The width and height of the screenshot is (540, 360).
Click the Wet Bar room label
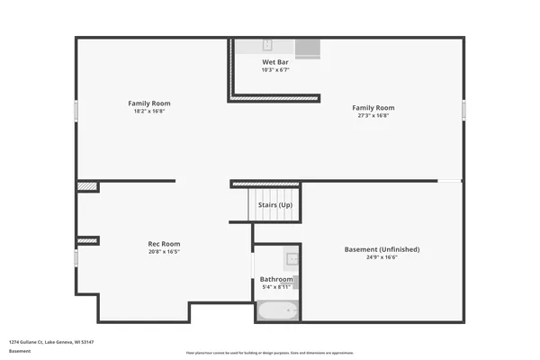pyautogui.click(x=274, y=63)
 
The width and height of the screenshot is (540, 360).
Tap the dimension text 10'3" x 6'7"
pyautogui.click(x=274, y=70)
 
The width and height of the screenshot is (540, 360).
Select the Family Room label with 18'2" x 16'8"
pyautogui.click(x=149, y=103)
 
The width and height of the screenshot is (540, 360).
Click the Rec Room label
pyautogui.click(x=164, y=244)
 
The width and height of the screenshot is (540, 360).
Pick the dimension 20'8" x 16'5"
pyautogui.click(x=164, y=252)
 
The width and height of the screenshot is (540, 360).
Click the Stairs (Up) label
pyautogui.click(x=274, y=205)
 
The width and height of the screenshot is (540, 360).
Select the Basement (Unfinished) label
pyautogui.click(x=382, y=249)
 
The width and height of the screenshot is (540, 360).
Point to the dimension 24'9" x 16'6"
pyautogui.click(x=382, y=257)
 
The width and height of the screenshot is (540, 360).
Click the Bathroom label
pyautogui.click(x=276, y=279)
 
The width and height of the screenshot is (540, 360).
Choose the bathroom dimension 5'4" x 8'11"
pyautogui.click(x=276, y=287)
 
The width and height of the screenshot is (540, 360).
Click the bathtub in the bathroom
pyautogui.click(x=277, y=311)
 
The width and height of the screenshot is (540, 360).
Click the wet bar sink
pyautogui.click(x=268, y=44)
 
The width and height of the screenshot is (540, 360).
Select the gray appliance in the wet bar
pyautogui.click(x=308, y=49)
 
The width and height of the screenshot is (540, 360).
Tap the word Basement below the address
pyautogui.click(x=19, y=351)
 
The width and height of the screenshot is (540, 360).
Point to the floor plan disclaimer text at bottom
pyautogui.click(x=270, y=353)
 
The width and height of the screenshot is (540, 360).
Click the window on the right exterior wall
pyautogui.click(x=464, y=110)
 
